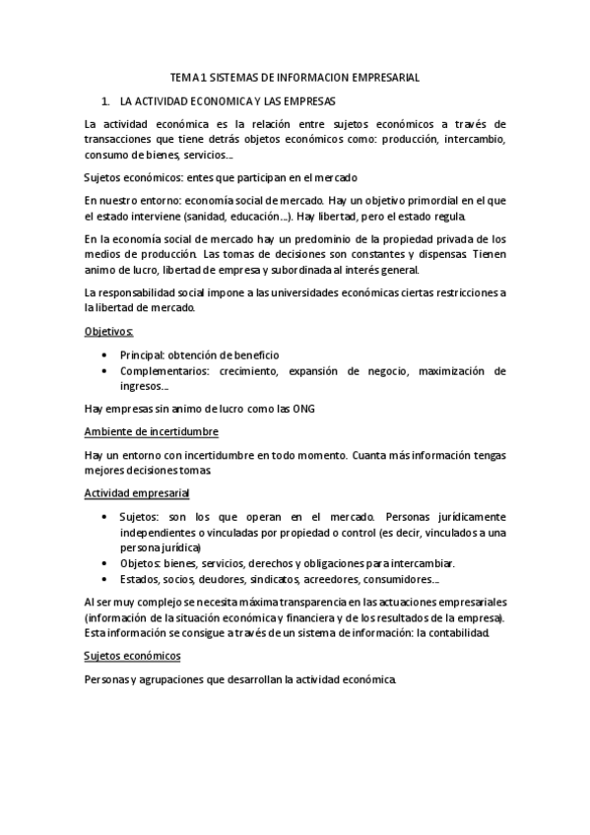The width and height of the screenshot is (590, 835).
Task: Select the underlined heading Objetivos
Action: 109,333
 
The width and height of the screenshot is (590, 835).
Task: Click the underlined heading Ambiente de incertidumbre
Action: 152,432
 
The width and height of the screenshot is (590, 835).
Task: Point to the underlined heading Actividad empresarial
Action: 138,491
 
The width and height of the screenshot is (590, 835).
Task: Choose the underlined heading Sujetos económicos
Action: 133,656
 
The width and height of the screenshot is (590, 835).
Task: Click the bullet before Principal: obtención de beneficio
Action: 106,354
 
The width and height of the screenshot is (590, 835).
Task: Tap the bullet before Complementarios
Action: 106,371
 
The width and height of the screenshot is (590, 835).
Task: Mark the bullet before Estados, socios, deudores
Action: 106,579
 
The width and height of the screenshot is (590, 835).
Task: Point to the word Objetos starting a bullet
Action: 139,563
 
